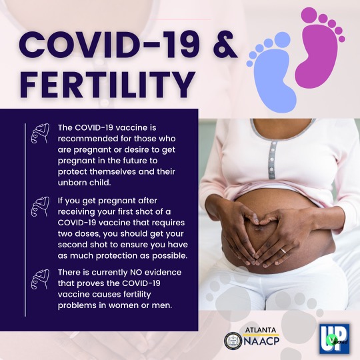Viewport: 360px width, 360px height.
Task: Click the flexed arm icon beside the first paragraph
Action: tap(39, 132)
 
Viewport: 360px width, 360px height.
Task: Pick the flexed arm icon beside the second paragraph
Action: tap(39, 207)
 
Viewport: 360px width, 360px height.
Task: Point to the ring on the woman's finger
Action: tap(283, 251)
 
